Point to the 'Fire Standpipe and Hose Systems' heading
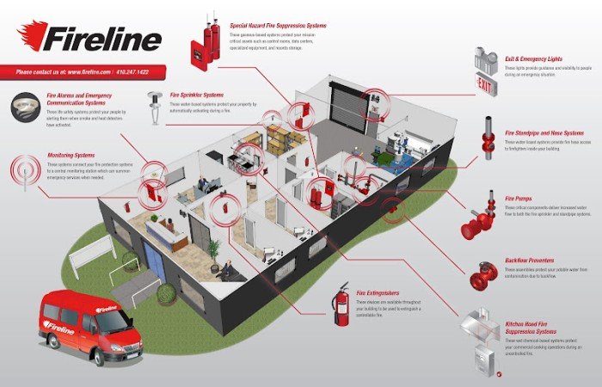[x=544, y=133]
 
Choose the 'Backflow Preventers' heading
[x=530, y=259]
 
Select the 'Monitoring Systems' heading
[x=71, y=156]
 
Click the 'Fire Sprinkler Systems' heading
[x=197, y=95]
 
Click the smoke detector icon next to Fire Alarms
[x=23, y=107]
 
